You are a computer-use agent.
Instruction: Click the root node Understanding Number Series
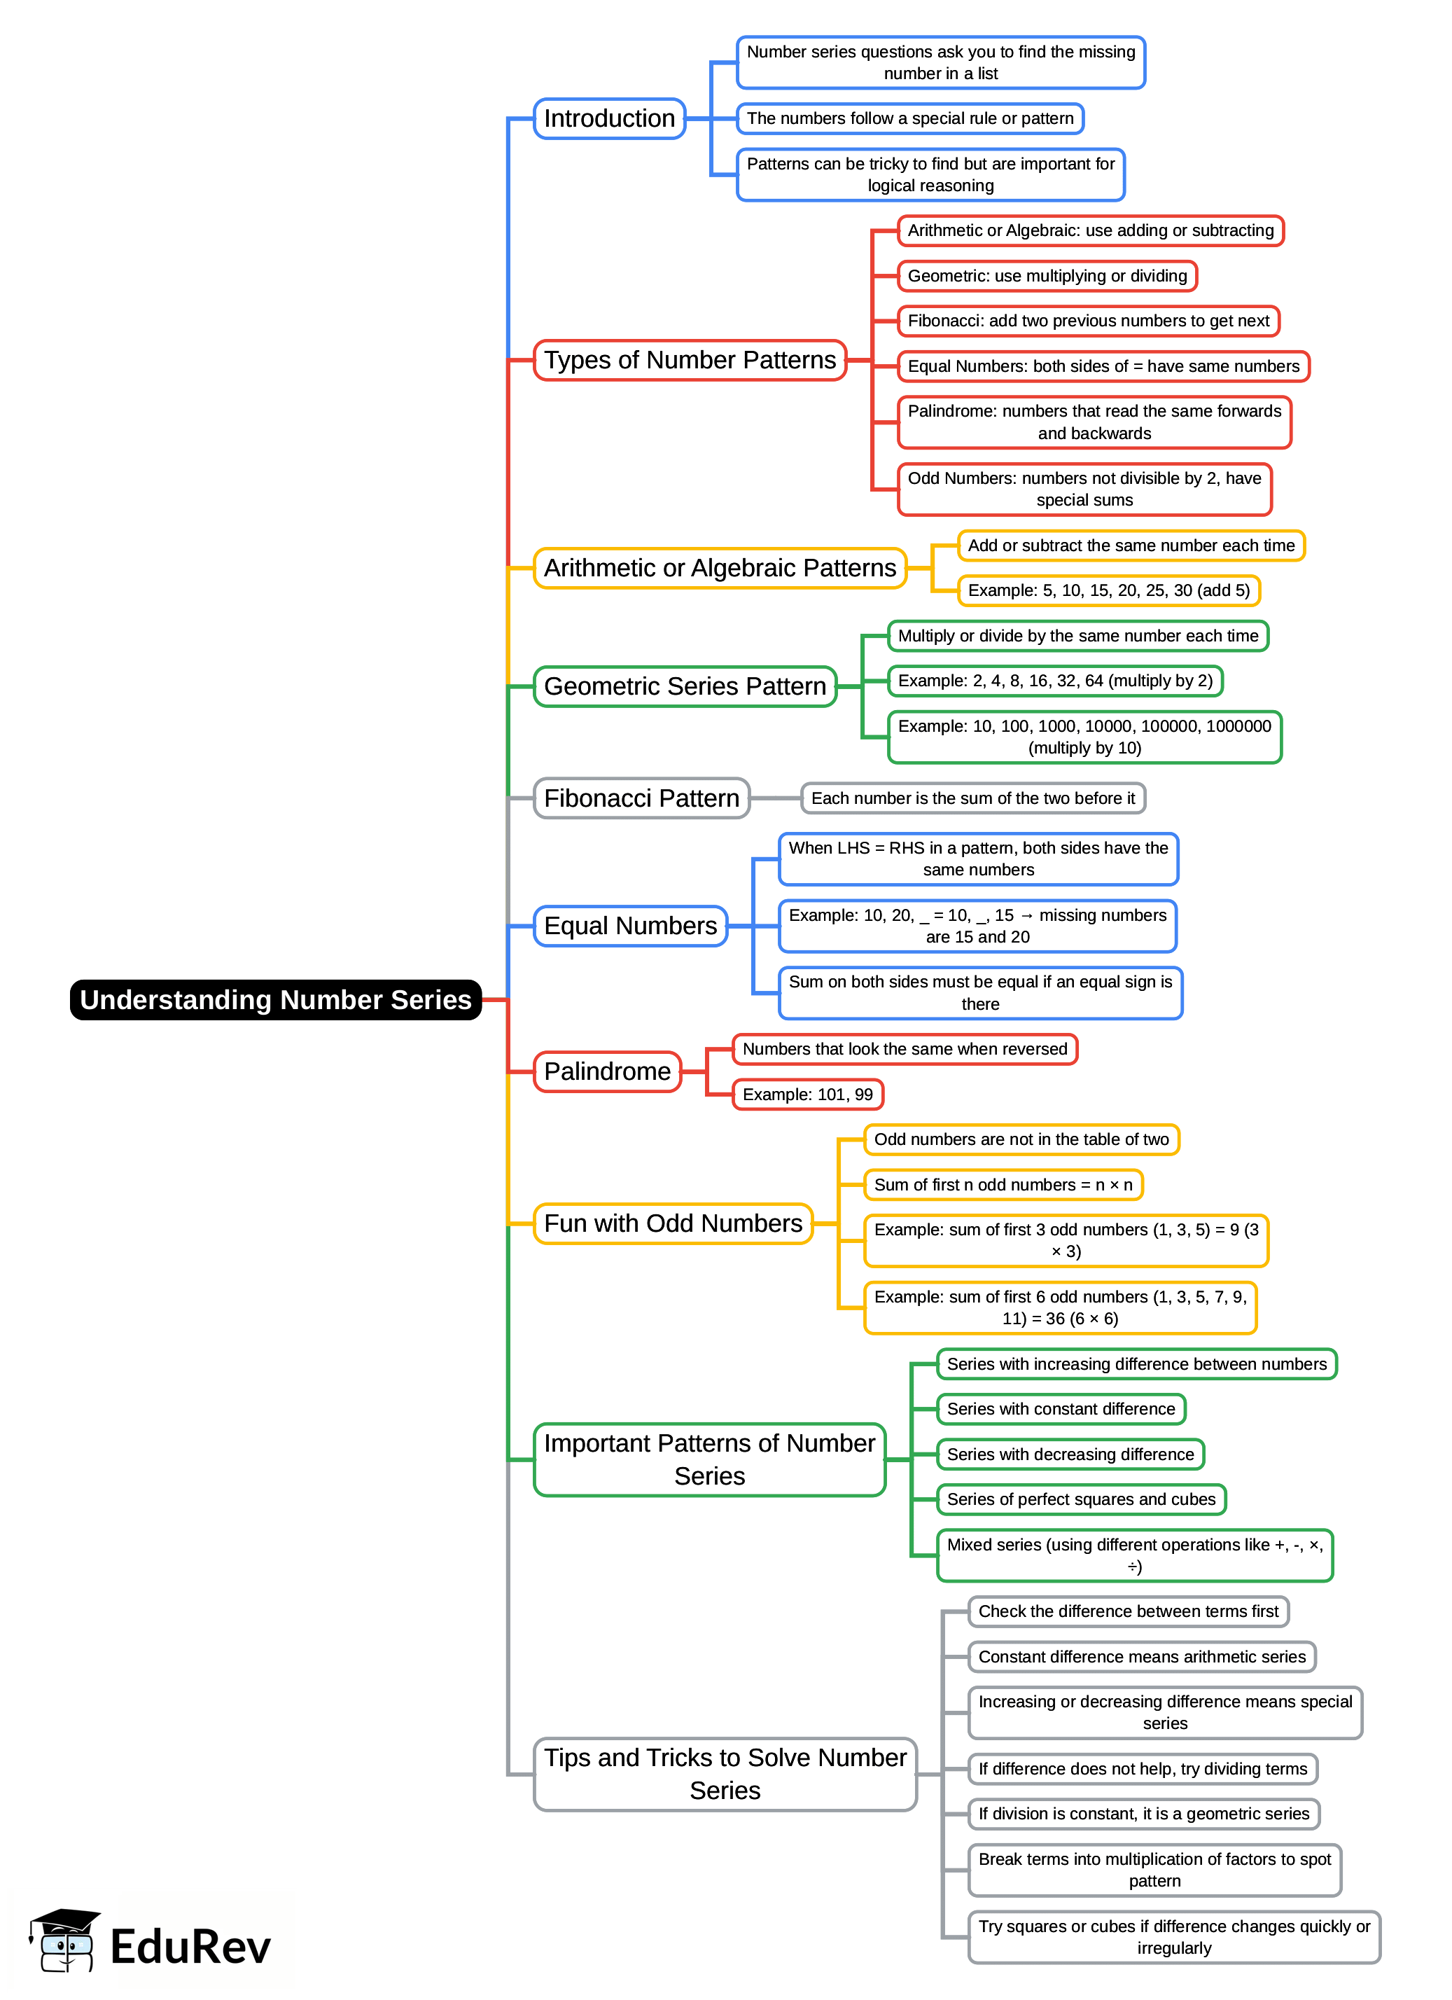pos(275,999)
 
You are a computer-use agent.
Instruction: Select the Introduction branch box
pos(609,118)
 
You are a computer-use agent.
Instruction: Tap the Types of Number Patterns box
pos(690,360)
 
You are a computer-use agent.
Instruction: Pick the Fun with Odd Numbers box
pos(673,1223)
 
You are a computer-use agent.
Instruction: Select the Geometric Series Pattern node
pos(684,686)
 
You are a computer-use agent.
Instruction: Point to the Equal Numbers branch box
pos(630,926)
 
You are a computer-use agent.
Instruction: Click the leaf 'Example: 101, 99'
pos(807,1095)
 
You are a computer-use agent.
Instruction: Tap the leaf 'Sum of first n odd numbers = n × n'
pos(1003,1184)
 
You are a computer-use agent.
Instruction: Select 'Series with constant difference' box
pos(1061,1409)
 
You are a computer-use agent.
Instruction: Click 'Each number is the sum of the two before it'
pos(972,798)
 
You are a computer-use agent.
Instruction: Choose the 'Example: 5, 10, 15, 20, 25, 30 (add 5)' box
pos(1108,590)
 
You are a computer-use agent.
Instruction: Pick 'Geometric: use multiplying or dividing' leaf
pos(1047,276)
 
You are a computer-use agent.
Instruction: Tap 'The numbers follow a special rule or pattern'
pos(910,118)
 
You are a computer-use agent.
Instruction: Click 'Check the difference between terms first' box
pos(1128,1611)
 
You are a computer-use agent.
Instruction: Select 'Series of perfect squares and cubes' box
pos(1081,1499)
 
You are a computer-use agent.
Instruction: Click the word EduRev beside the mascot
pos(190,1947)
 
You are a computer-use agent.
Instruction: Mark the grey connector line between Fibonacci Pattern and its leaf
pos(775,798)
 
